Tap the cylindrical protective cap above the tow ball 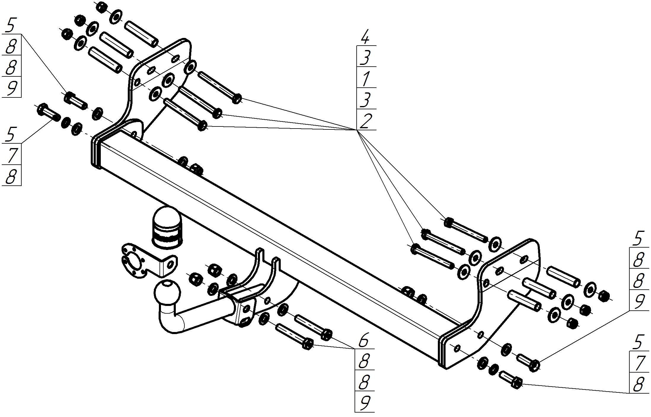pyautogui.click(x=167, y=227)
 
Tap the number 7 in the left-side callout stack pyautogui.click(x=11, y=155)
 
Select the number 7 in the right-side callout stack pyautogui.click(x=638, y=363)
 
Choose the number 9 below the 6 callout pyautogui.click(x=364, y=402)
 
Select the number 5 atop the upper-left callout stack pyautogui.click(x=10, y=25)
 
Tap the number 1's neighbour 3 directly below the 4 pyautogui.click(x=366, y=57)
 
